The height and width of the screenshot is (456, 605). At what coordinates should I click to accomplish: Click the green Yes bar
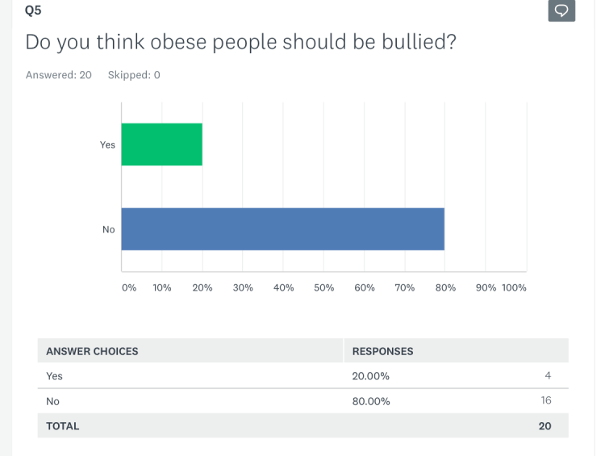pyautogui.click(x=161, y=144)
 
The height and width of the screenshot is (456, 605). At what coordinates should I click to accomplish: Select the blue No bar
pyautogui.click(x=282, y=229)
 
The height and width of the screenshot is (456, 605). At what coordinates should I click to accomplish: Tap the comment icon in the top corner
pyautogui.click(x=561, y=10)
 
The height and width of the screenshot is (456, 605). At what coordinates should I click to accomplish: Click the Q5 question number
pyautogui.click(x=33, y=10)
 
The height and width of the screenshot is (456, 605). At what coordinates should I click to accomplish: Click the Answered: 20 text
pyautogui.click(x=59, y=75)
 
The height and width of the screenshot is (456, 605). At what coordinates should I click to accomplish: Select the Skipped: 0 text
pyautogui.click(x=134, y=75)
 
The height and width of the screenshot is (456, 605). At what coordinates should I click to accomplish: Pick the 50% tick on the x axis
pyautogui.click(x=324, y=287)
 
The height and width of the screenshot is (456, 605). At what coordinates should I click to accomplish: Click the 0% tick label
pyautogui.click(x=129, y=287)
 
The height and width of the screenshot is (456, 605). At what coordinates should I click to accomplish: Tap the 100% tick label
pyautogui.click(x=514, y=287)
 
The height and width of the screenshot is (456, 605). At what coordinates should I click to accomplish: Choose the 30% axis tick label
pyautogui.click(x=243, y=287)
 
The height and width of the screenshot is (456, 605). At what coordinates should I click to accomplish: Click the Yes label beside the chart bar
pyautogui.click(x=107, y=145)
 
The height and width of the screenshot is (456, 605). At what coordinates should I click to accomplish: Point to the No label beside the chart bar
pyautogui.click(x=109, y=230)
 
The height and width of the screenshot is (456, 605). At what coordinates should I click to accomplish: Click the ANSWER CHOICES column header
pyautogui.click(x=92, y=351)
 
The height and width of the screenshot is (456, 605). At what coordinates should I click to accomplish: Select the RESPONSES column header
pyautogui.click(x=382, y=351)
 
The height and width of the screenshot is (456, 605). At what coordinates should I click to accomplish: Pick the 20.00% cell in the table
pyautogui.click(x=371, y=376)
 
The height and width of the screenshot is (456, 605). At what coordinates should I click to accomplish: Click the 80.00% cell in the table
pyautogui.click(x=371, y=401)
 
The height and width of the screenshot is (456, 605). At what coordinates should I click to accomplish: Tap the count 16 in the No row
pyautogui.click(x=546, y=400)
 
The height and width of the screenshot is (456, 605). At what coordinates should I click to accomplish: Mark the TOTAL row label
pyautogui.click(x=63, y=426)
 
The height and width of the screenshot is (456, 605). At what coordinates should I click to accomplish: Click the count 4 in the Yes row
pyautogui.click(x=549, y=375)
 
